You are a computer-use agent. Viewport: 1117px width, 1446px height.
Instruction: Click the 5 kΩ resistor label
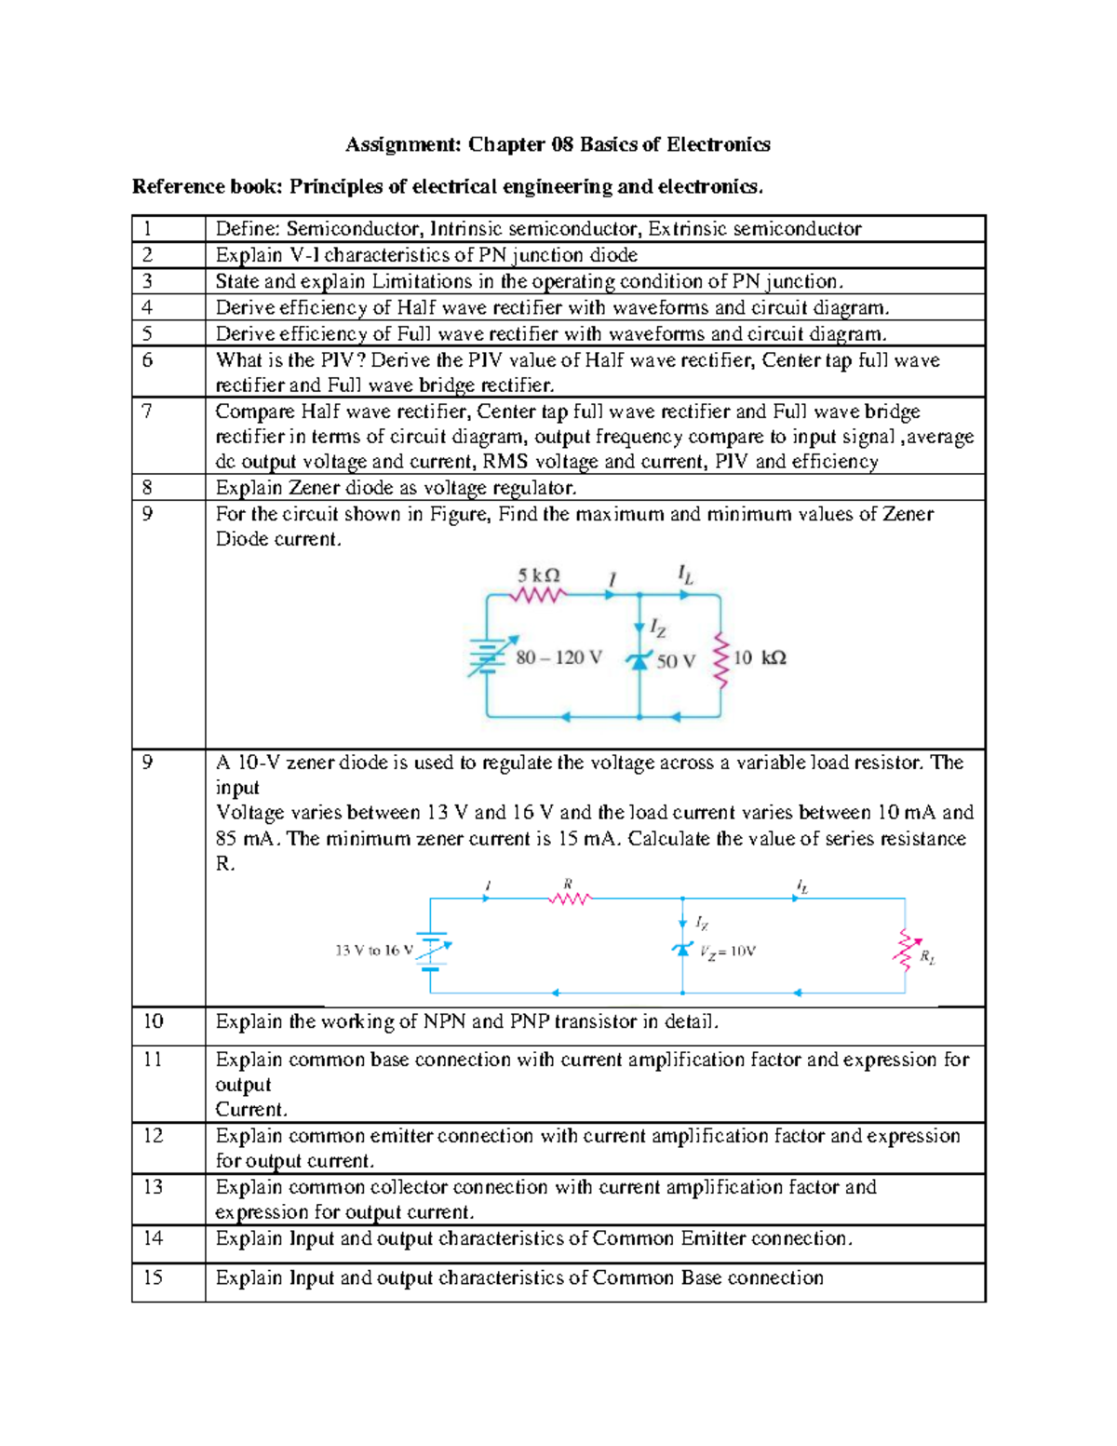[x=539, y=575]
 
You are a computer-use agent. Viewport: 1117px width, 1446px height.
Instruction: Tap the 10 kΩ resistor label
[x=760, y=658]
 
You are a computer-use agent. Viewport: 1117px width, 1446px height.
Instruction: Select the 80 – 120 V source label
[x=558, y=658]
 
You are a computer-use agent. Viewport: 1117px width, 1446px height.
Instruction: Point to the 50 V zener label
[x=676, y=661]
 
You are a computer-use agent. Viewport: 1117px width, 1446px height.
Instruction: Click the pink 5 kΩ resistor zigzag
[x=539, y=595]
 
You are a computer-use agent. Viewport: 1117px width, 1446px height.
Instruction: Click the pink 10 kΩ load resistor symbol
[x=720, y=659]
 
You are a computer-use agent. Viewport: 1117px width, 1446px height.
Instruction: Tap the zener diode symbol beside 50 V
[x=639, y=660]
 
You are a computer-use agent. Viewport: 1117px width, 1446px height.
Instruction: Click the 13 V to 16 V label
[x=373, y=951]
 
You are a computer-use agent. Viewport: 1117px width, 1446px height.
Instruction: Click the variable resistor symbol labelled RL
[x=904, y=950]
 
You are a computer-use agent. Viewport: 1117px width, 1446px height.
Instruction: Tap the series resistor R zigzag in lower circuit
[x=570, y=899]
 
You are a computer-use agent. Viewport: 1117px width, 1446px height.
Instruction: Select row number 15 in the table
[x=153, y=1277]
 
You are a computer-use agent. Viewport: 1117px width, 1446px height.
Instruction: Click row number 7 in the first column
[x=147, y=412]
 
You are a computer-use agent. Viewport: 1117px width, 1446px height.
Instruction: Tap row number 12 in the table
[x=153, y=1136]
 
